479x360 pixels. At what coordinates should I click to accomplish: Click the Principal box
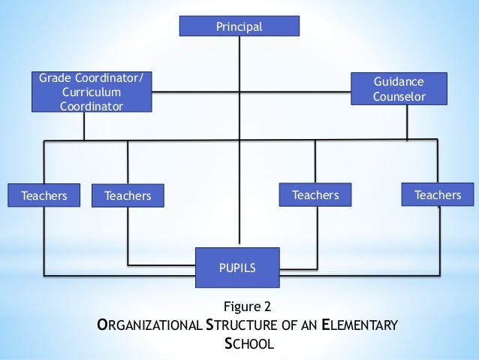pyautogui.click(x=239, y=27)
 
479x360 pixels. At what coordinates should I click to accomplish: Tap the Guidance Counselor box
pyautogui.click(x=399, y=89)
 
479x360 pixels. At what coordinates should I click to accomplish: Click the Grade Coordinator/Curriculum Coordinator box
pyautogui.click(x=92, y=92)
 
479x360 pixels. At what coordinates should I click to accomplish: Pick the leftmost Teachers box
pyautogui.click(x=44, y=196)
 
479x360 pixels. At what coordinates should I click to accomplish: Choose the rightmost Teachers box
pyautogui.click(x=438, y=195)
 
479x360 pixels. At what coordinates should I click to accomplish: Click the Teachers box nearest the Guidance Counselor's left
pyautogui.click(x=315, y=195)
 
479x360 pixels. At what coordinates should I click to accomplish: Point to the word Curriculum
pyautogui.click(x=92, y=92)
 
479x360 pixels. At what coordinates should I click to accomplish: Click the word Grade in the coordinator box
pyautogui.click(x=55, y=78)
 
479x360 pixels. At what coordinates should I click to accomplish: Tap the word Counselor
pyautogui.click(x=399, y=97)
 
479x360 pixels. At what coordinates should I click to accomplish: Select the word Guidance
pyautogui.click(x=399, y=81)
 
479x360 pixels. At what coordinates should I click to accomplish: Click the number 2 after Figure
pyautogui.click(x=266, y=307)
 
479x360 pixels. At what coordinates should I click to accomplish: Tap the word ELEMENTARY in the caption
pyautogui.click(x=357, y=326)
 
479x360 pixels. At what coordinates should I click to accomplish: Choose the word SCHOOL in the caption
pyautogui.click(x=249, y=345)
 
